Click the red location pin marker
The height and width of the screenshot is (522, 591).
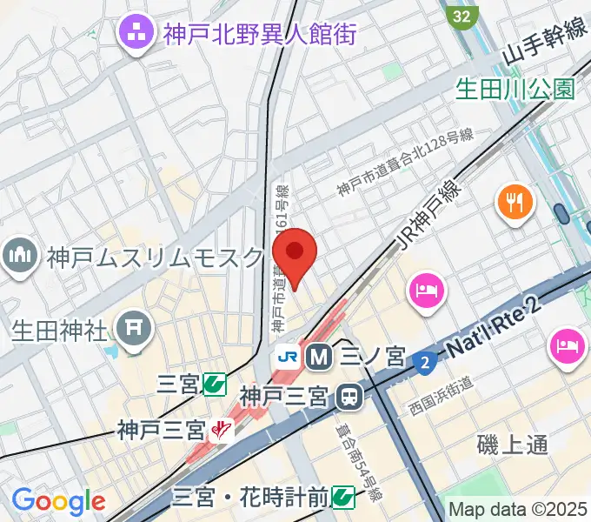coord(295,254)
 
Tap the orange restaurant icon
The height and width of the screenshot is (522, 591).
coord(516,203)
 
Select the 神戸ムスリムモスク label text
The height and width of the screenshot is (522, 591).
coord(155,258)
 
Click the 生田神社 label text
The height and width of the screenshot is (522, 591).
coord(59,331)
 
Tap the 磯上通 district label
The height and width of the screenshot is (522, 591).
coord(513,445)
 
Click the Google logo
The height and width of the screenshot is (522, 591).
coord(58,501)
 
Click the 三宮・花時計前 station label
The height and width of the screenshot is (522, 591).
coord(250,497)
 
